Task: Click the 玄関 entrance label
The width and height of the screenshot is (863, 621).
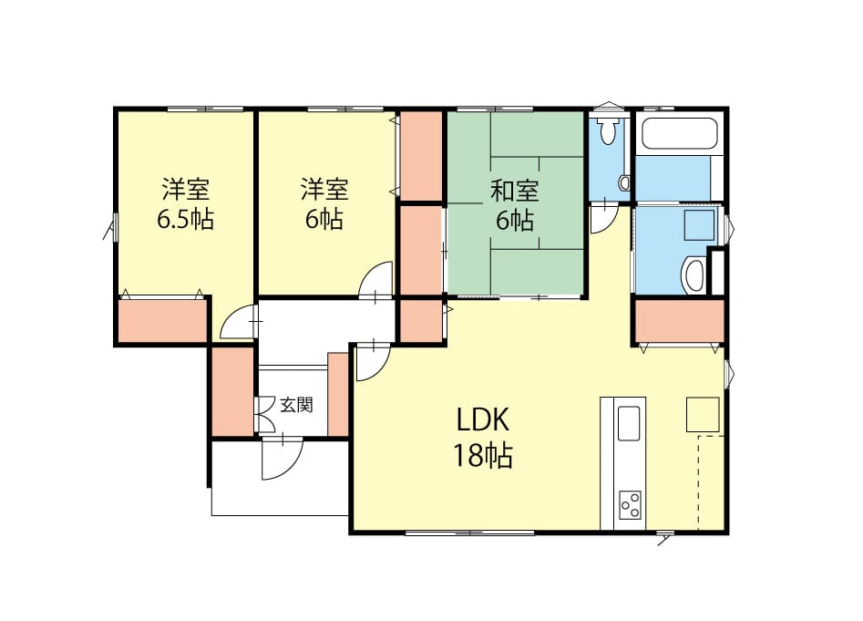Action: pos(297,405)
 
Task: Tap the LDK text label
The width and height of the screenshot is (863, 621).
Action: pos(483,420)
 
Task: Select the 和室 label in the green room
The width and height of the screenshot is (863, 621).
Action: pos(515,190)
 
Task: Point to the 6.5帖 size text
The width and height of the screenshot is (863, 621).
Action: pos(186,220)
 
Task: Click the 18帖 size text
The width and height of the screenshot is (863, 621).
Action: pos(483,456)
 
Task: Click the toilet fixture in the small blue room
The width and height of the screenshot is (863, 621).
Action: pos(608,129)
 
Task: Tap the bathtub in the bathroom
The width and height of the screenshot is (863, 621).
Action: pos(680,133)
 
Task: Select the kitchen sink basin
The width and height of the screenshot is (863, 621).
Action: pos(629,423)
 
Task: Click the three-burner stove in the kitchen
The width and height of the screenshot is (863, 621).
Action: pos(630,505)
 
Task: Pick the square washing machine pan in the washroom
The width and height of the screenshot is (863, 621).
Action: pos(699,224)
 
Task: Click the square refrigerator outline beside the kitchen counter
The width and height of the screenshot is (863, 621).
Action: pos(703,414)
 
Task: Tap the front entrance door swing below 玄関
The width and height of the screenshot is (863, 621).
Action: pos(282,458)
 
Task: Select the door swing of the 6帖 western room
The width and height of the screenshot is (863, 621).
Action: pos(375,281)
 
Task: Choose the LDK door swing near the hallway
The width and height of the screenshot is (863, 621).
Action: pos(373,360)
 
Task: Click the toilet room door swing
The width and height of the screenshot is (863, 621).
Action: pos(604,218)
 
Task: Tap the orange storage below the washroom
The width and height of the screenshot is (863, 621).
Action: pos(680,321)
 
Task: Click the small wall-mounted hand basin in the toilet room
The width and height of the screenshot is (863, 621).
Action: pos(624,182)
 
